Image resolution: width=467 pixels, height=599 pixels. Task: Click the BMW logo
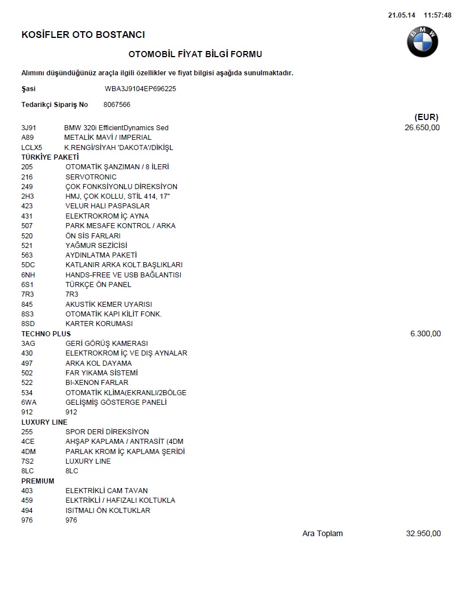point(422,42)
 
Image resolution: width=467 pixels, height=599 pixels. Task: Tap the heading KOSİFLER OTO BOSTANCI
point(83,35)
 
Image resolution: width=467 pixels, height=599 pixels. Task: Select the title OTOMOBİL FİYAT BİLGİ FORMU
point(196,54)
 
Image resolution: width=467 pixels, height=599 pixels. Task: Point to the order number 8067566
point(117,105)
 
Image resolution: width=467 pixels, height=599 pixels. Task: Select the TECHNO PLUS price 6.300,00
point(425,334)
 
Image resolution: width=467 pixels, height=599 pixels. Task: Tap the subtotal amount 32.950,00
point(423,533)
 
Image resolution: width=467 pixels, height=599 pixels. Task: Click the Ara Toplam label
point(322,533)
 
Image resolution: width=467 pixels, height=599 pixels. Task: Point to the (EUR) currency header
point(426,117)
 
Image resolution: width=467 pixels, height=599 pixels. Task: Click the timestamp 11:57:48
point(438,15)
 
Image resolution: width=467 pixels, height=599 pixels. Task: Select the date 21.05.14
point(400,15)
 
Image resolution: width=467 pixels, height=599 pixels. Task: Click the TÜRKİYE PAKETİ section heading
point(50,157)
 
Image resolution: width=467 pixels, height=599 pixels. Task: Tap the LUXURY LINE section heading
point(44,422)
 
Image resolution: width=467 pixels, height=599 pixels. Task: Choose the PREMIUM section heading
point(38,481)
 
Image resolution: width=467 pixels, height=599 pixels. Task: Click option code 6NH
point(28,275)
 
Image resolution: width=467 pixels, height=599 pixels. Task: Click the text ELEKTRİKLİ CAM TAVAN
point(107,491)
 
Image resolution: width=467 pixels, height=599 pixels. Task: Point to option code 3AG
point(28,344)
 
